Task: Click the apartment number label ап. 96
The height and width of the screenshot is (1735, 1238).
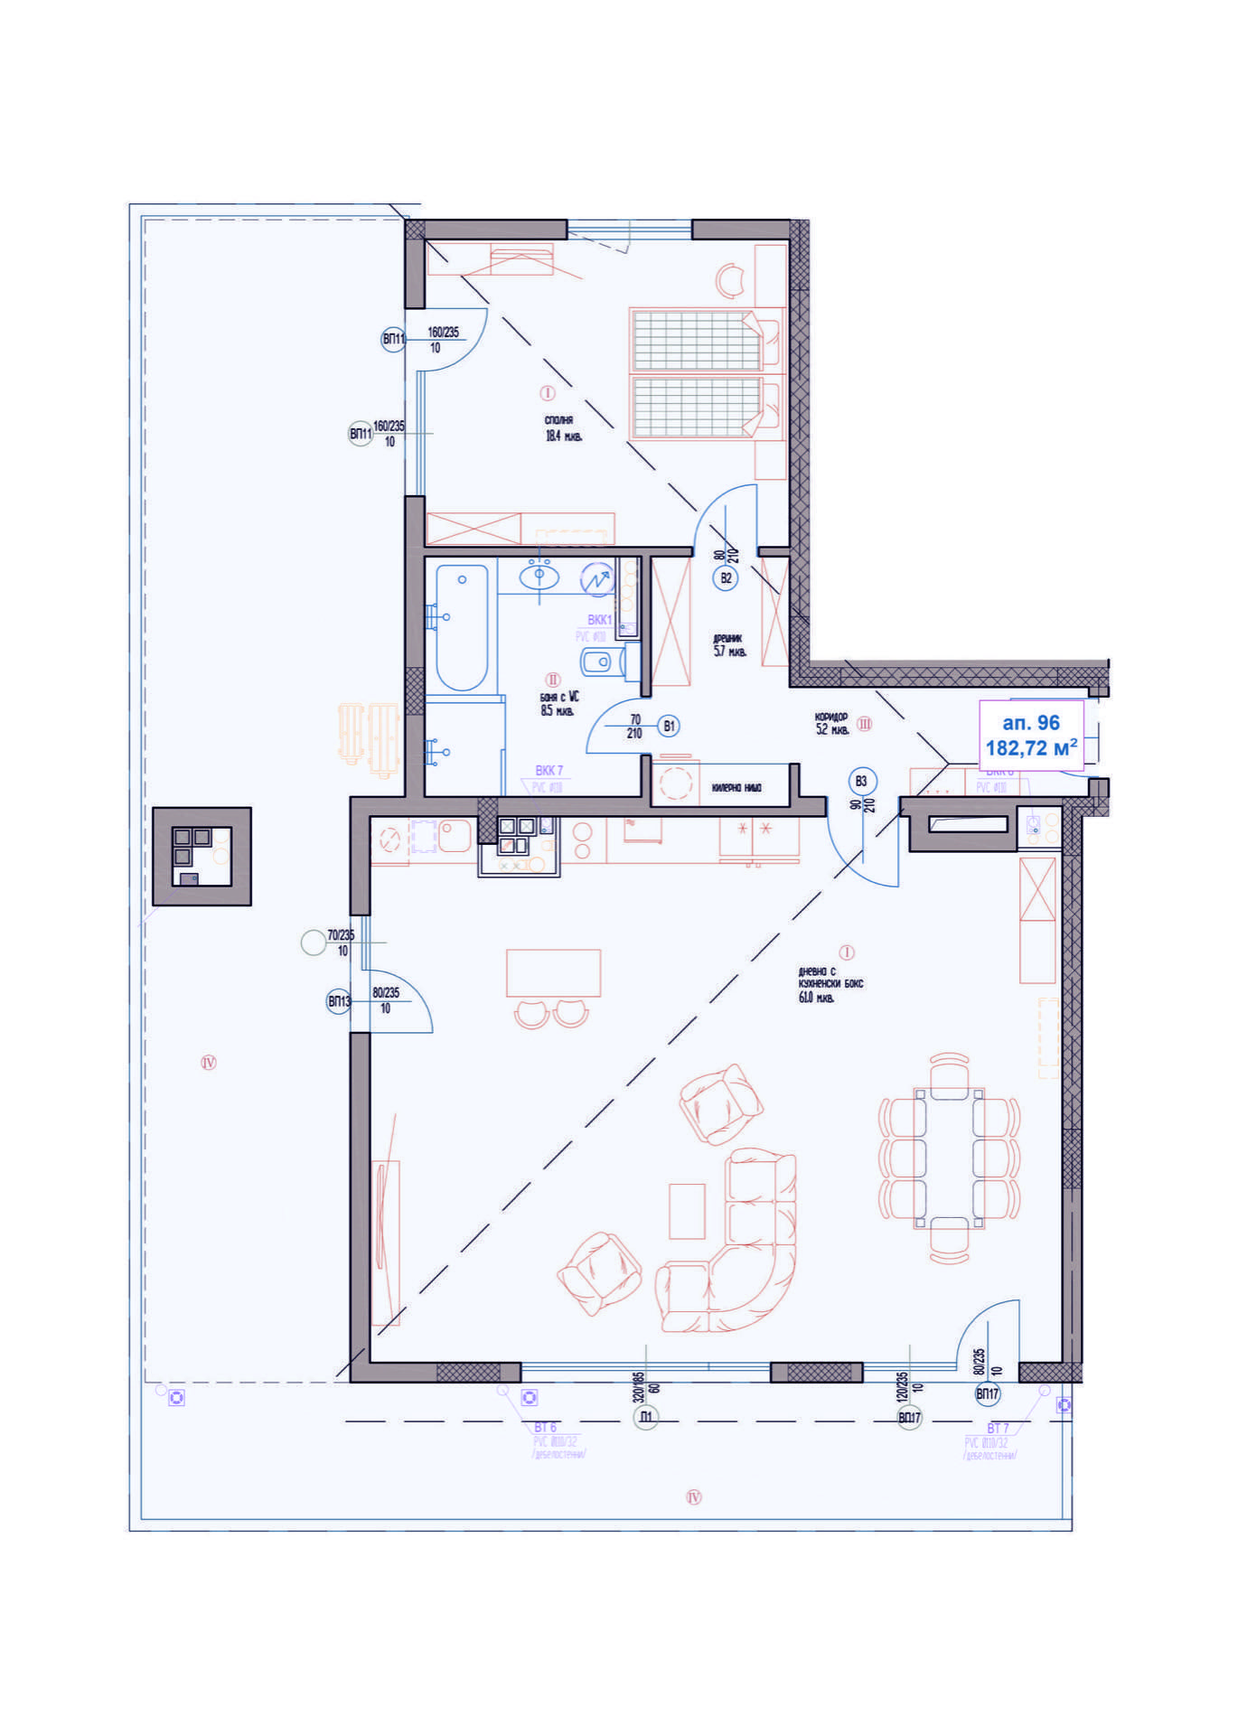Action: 1030,723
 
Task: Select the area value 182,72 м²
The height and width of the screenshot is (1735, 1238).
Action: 1030,748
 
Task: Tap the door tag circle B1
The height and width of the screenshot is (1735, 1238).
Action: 669,726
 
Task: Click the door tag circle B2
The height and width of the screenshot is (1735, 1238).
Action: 726,578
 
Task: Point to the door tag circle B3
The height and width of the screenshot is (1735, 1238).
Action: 861,782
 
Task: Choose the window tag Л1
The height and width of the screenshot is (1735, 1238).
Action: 645,1417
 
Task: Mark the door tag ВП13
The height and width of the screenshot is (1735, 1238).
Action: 339,1001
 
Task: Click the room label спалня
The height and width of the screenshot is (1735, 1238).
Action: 559,420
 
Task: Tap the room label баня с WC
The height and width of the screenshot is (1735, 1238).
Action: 559,697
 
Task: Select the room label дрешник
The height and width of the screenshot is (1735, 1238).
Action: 727,639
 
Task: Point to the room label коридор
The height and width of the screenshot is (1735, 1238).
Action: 831,717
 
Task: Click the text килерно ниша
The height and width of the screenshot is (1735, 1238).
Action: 736,788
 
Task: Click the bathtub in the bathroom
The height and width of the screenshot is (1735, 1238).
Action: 462,626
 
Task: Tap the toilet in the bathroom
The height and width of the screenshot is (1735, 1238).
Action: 600,662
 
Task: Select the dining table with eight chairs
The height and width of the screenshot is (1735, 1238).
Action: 949,1157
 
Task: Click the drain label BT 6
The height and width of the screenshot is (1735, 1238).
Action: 545,1428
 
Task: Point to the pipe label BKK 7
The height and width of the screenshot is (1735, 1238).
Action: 549,771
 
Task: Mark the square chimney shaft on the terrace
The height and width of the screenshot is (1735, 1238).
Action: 202,856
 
